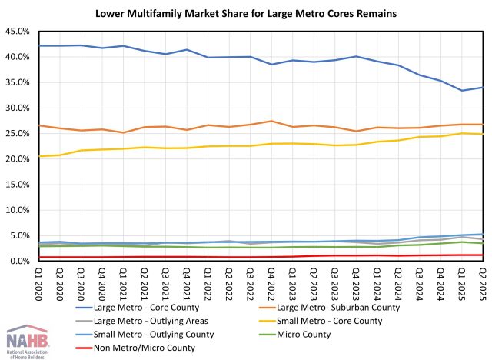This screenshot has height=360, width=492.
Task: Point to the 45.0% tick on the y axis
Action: (x=16, y=32)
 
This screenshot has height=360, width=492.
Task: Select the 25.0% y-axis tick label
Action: (x=16, y=134)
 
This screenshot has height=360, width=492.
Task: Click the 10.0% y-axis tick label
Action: (x=16, y=210)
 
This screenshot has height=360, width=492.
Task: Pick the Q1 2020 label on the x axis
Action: (x=38, y=279)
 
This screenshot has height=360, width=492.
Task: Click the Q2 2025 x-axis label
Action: (x=481, y=279)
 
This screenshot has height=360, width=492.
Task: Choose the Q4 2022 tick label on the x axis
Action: (x=271, y=279)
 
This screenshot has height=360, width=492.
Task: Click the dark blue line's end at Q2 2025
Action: (x=481, y=88)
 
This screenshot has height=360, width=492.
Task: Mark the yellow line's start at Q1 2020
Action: (x=38, y=156)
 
